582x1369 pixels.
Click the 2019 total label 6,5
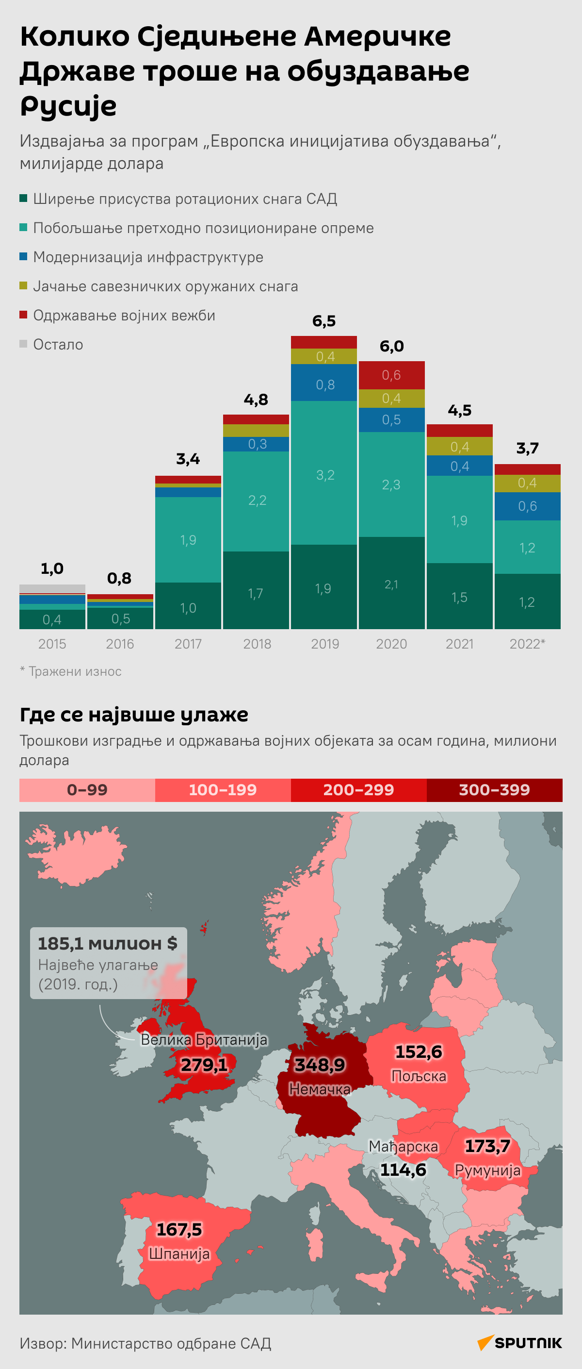[324, 321]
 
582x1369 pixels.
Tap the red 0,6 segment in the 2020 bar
[391, 375]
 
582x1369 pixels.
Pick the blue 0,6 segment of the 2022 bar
[527, 506]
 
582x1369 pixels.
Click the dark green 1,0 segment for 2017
[188, 607]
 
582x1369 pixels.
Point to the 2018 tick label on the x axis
[257, 644]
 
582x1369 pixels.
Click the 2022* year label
[527, 644]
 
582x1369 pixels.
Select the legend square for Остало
[23, 344]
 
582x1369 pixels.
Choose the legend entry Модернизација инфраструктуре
[147, 257]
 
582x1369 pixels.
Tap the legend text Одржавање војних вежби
[124, 316]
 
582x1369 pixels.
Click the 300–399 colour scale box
[494, 790]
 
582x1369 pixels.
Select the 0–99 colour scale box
[87, 790]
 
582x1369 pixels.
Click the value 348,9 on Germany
[320, 1064]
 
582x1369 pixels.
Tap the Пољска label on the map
[419, 1076]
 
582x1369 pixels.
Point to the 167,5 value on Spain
[179, 1229]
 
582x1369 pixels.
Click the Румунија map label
[487, 1170]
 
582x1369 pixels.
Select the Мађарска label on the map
[404, 1147]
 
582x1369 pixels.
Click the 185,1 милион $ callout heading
[107, 943]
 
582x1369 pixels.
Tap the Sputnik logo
[519, 1343]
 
